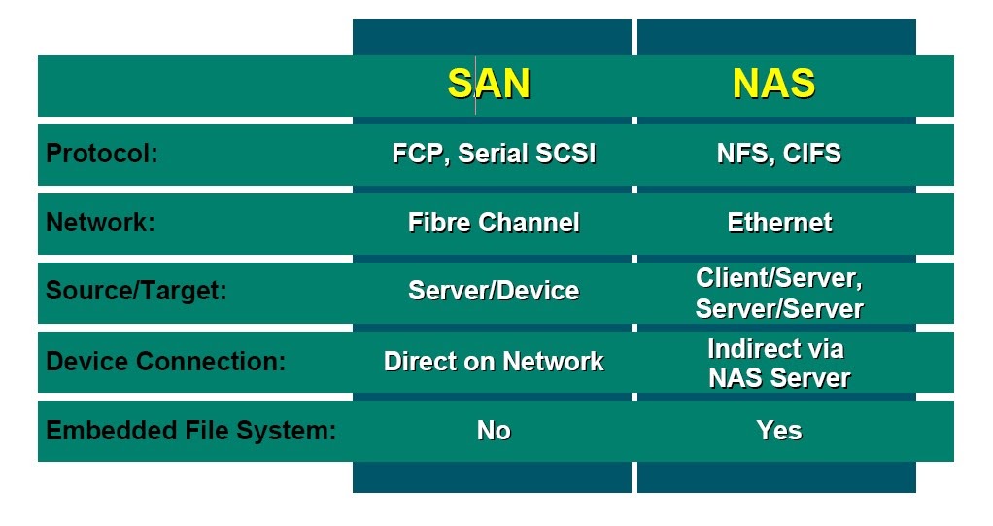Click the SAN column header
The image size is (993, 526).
pos(489,85)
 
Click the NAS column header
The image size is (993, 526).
pos(773,85)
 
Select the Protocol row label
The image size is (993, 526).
pos(102,154)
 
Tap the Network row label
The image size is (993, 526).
pos(100,223)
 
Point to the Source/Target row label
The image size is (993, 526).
pos(136,292)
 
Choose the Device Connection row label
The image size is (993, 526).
pos(166,362)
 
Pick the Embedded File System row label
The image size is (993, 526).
pos(191,431)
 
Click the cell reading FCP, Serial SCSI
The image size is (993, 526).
pos(494,154)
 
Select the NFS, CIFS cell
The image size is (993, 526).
pos(778,154)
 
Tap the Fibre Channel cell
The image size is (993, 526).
pos(494,223)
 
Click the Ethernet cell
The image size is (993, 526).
pos(779,223)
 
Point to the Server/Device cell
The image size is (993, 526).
pos(494,292)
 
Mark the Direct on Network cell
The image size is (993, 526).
pos(494,362)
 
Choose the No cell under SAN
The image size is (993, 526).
pos(494,431)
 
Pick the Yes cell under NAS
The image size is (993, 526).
pos(779,431)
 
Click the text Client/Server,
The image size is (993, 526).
pos(779,278)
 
